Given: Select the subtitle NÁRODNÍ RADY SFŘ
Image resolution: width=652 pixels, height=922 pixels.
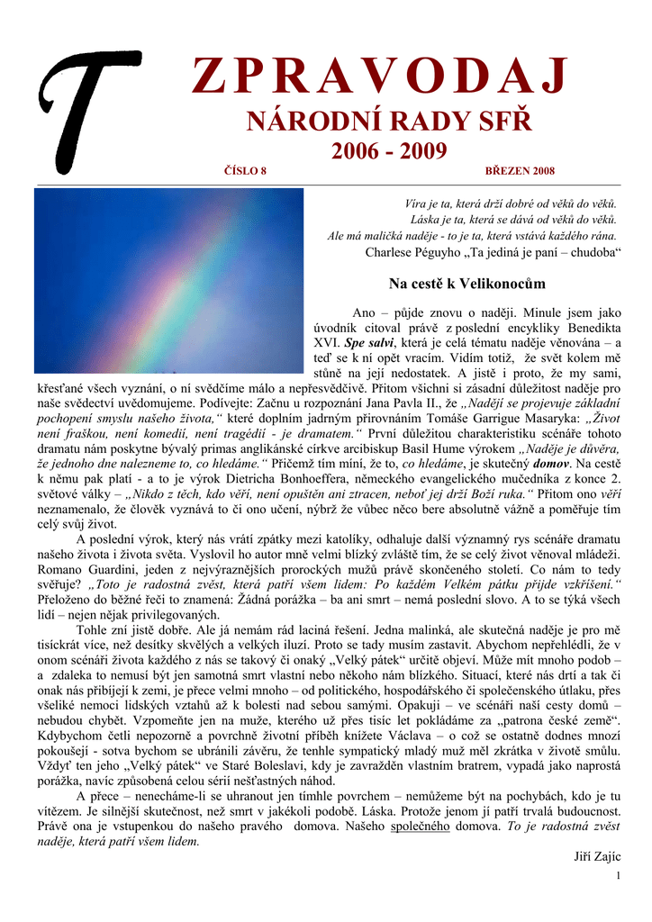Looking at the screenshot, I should pyautogui.click(x=389, y=122).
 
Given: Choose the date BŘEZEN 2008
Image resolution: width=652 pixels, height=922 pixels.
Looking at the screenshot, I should pyautogui.click(x=520, y=171).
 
